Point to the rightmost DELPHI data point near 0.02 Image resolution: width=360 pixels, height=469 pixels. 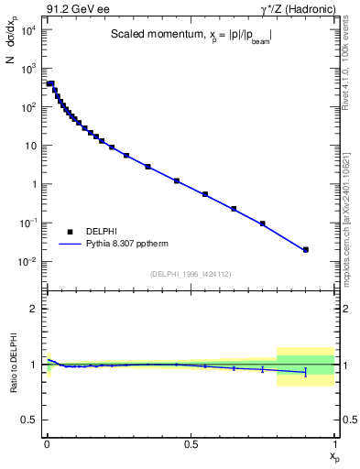[306, 249]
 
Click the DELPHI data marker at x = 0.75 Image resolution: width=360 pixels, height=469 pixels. [263, 224]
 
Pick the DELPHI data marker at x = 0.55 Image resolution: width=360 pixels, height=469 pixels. [205, 194]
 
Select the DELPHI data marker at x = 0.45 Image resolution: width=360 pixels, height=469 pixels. [176, 180]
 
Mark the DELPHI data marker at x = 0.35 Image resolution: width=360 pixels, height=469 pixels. [147, 167]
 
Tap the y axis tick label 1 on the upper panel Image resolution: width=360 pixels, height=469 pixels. [35, 184]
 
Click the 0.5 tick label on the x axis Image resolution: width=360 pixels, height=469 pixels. [191, 444]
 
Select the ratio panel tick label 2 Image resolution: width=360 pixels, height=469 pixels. [35, 309]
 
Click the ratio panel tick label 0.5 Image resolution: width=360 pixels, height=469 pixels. [29, 420]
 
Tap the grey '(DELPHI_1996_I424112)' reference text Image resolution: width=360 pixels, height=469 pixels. [191, 274]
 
